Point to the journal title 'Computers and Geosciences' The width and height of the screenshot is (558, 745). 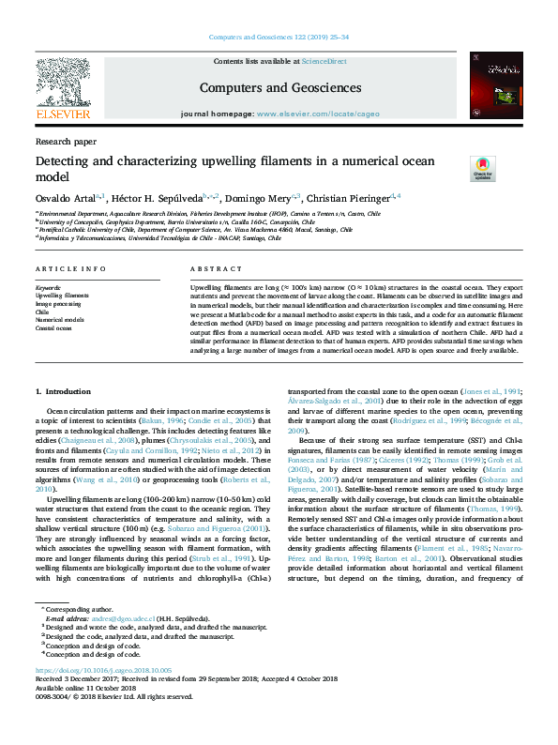pyautogui.click(x=279, y=87)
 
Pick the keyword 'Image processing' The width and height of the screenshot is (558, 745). pyautogui.click(x=58, y=304)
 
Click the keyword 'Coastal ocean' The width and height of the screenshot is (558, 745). pyautogui.click(x=54, y=327)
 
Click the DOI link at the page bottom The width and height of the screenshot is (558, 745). pyautogui.click(x=103, y=672)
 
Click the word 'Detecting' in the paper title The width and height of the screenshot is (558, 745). pyautogui.click(x=68, y=161)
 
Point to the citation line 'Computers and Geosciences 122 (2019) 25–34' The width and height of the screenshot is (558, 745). pyautogui.click(x=279, y=37)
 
